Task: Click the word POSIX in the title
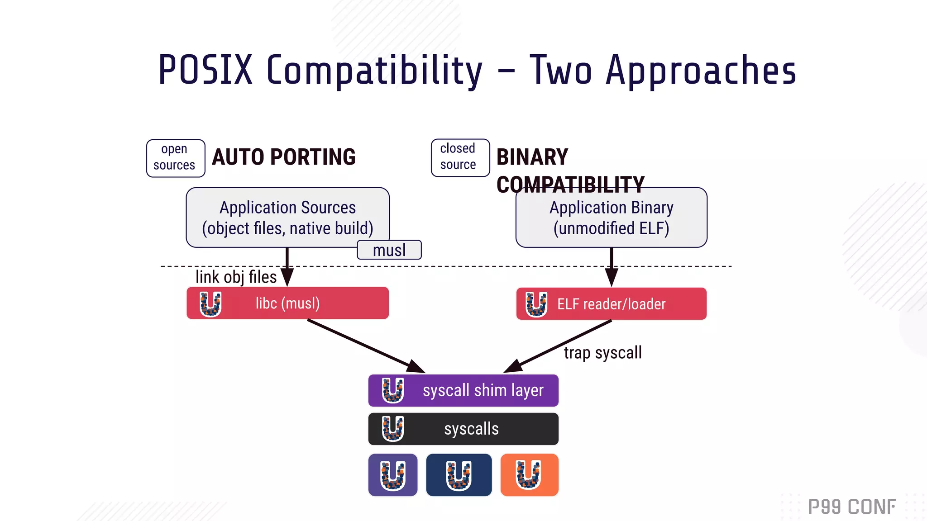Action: tap(205, 70)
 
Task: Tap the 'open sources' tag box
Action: tap(176, 158)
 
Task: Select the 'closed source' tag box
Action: tap(460, 157)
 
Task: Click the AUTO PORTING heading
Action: tap(284, 157)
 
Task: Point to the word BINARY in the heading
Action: tap(532, 157)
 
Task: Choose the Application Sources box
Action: tap(287, 218)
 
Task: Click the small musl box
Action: tap(389, 250)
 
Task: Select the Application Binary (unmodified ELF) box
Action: tap(611, 218)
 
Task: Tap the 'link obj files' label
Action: tap(236, 277)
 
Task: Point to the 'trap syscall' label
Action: tap(602, 353)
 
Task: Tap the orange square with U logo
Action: tap(529, 475)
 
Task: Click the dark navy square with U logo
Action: tap(459, 475)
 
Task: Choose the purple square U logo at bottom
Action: tap(392, 475)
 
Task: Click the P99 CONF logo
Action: tap(851, 507)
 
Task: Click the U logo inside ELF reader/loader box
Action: tap(536, 304)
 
